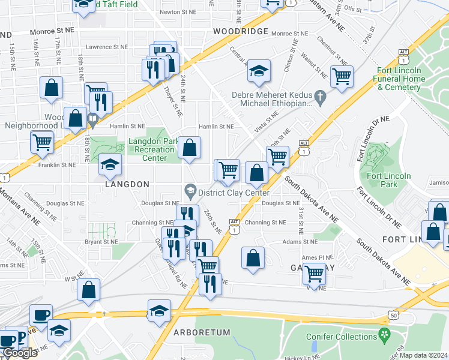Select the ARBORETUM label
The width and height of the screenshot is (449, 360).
pyautogui.click(x=202, y=332)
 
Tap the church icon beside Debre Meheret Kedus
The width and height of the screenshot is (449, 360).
pyautogui.click(x=321, y=96)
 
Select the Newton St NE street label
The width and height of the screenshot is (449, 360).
pyautogui.click(x=178, y=12)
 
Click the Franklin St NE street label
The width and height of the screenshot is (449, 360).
pyautogui.click(x=57, y=164)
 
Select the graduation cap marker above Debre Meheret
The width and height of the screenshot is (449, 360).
pyautogui.click(x=259, y=71)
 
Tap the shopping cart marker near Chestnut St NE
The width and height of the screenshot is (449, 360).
pyautogui.click(x=342, y=76)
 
